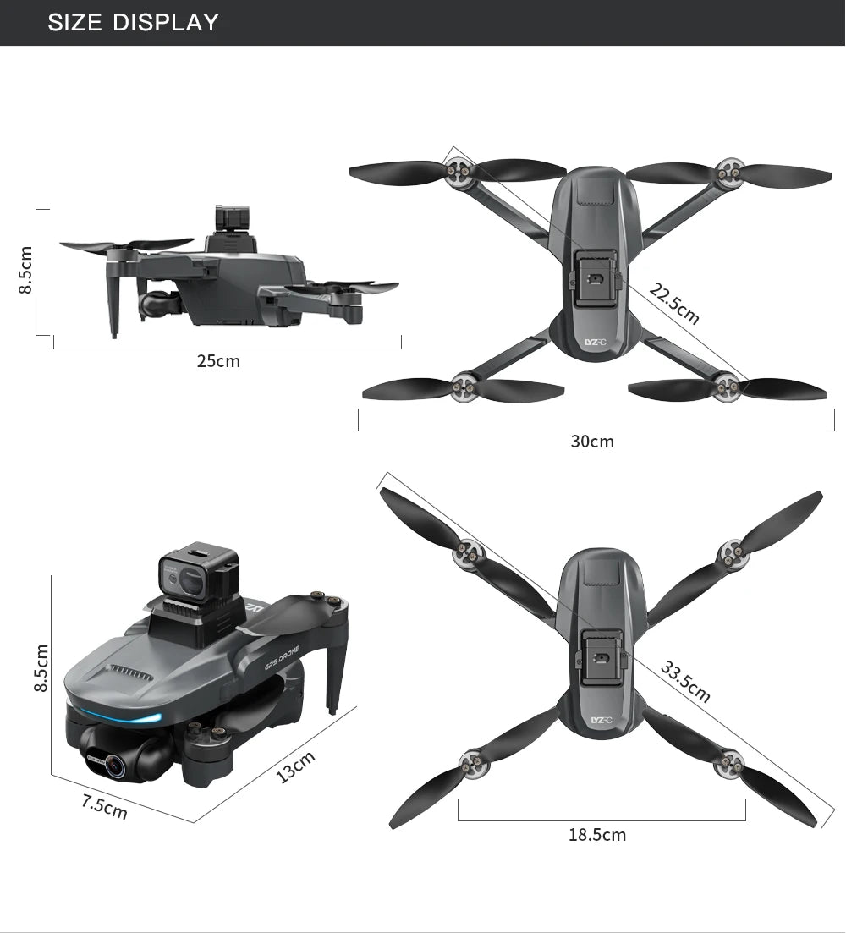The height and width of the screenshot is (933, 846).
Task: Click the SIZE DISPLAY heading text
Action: pos(133,22)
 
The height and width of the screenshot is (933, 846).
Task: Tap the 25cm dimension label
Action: pos(218,362)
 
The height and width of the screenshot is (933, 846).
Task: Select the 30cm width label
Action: pos(592,442)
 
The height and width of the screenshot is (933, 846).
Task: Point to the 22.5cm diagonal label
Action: pos(674,305)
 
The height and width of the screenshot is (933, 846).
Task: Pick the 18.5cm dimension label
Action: pos(597,835)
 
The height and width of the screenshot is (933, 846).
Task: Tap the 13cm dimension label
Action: pos(296,766)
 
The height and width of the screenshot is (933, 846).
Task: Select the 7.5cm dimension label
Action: pos(104,807)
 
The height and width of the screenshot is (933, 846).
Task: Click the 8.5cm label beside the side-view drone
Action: pos(25,270)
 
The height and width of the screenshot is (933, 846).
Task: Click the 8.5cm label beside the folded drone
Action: pos(40,667)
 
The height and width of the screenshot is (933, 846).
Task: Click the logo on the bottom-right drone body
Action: pos(600,720)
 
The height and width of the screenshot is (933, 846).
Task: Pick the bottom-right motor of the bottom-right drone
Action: pos(728,763)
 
